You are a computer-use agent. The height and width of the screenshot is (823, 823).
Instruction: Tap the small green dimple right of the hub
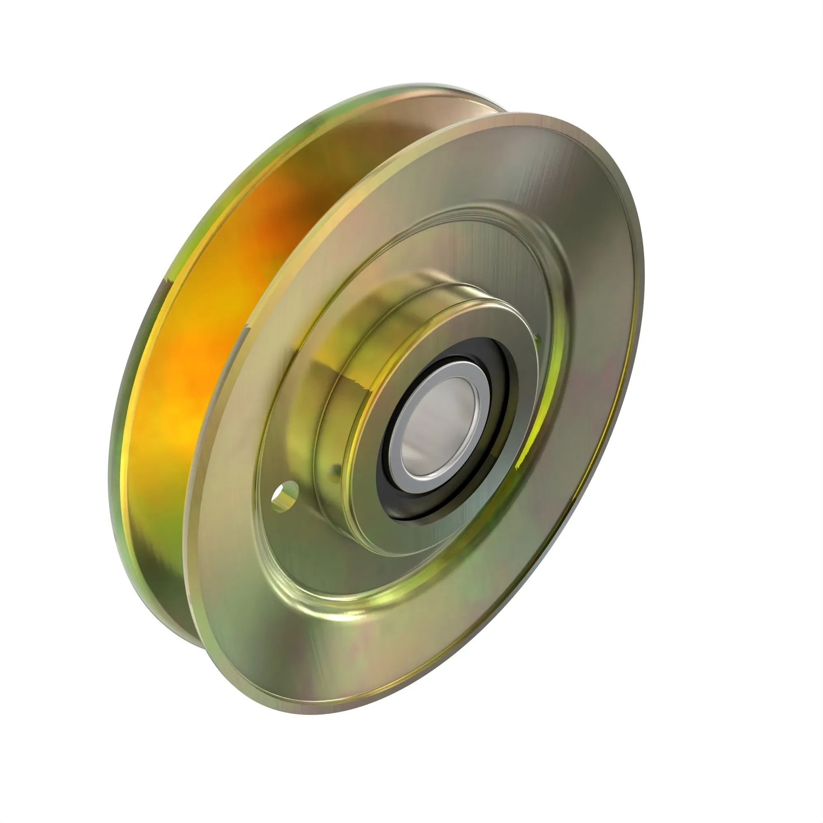click(x=537, y=339)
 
